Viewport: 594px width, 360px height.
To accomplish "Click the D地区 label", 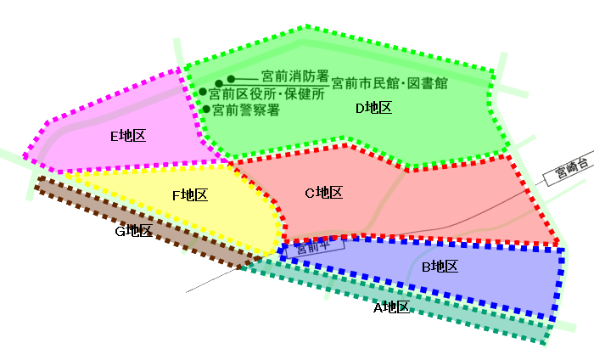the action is point(373,109).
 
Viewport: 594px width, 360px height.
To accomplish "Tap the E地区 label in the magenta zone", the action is point(128,136).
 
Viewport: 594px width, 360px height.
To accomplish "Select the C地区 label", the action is point(324,193).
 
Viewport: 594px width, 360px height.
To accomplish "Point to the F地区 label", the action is point(190,195).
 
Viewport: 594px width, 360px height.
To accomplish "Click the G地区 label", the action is point(134,231).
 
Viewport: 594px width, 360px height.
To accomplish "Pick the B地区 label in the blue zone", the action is point(440,267).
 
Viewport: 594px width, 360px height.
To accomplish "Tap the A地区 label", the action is point(392,307).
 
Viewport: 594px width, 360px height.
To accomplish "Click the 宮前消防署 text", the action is point(295,76).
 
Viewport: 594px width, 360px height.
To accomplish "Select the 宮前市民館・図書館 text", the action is point(389,83).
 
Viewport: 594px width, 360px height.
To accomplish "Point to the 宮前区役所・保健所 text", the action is point(266,93).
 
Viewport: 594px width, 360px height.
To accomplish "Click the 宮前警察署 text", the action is point(246,110).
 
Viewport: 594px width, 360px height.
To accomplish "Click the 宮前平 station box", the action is point(315,248).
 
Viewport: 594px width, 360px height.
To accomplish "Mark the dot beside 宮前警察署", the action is point(206,110).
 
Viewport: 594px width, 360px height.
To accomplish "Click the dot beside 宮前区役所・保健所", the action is point(203,92).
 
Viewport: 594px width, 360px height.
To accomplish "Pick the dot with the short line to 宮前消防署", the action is point(231,79).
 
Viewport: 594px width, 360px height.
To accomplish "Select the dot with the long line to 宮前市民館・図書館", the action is point(219,83).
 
